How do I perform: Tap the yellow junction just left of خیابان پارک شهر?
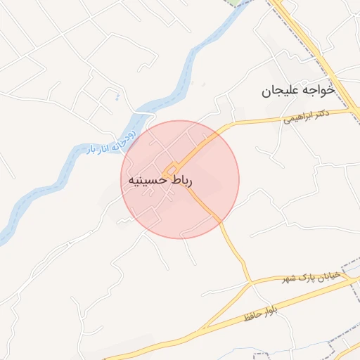tap(251, 284)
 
